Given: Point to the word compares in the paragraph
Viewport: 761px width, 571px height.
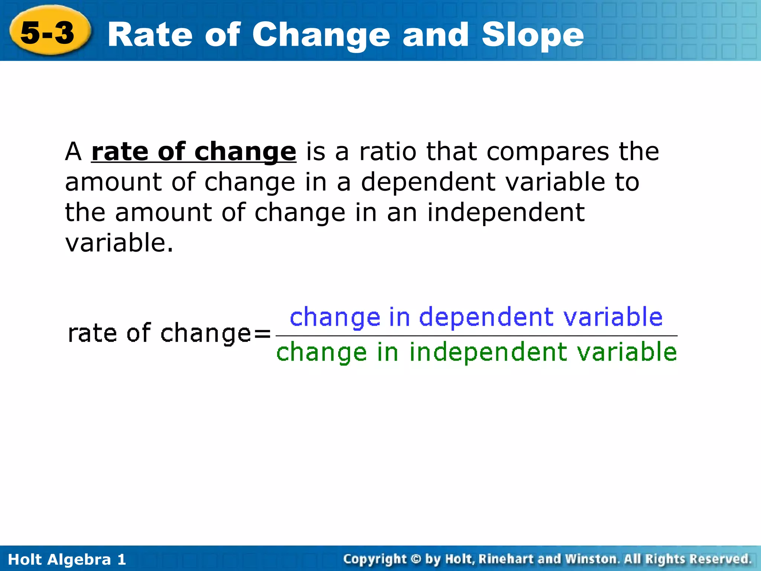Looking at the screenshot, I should click(x=548, y=152).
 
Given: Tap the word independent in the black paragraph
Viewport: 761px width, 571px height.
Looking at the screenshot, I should click(x=506, y=212).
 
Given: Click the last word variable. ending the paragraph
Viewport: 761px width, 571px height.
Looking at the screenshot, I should click(x=119, y=243).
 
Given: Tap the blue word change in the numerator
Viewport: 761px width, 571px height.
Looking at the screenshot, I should click(x=335, y=318).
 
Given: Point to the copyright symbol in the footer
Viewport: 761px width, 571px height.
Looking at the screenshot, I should click(x=416, y=559).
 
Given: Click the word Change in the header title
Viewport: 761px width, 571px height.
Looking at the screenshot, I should click(x=321, y=35).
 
